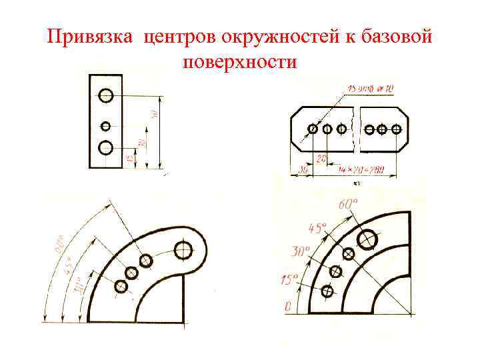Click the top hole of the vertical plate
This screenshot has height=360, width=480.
tap(106, 96)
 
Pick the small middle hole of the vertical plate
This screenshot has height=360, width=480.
tap(105, 125)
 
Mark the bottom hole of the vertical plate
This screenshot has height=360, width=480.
tap(106, 147)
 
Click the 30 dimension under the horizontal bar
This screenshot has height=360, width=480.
tap(302, 171)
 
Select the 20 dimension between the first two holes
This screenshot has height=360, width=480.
tap(321, 159)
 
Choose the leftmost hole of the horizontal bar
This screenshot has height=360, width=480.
tap(313, 129)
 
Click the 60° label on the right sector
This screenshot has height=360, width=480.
tap(348, 204)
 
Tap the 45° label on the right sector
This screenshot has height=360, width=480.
tap(317, 228)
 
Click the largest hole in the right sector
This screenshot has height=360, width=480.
tap(367, 237)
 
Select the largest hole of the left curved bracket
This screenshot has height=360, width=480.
tap(183, 251)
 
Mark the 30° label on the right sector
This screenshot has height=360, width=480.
tap(301, 252)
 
